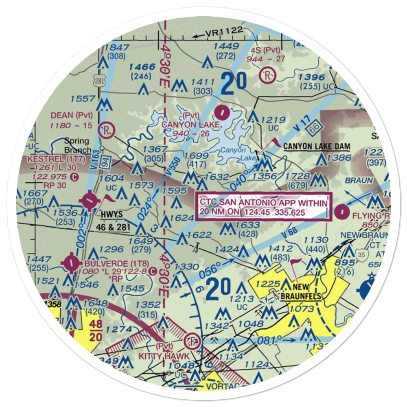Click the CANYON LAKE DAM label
[x=312, y=146]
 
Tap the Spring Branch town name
[x=77, y=145]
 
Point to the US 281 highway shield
[x=101, y=79]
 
